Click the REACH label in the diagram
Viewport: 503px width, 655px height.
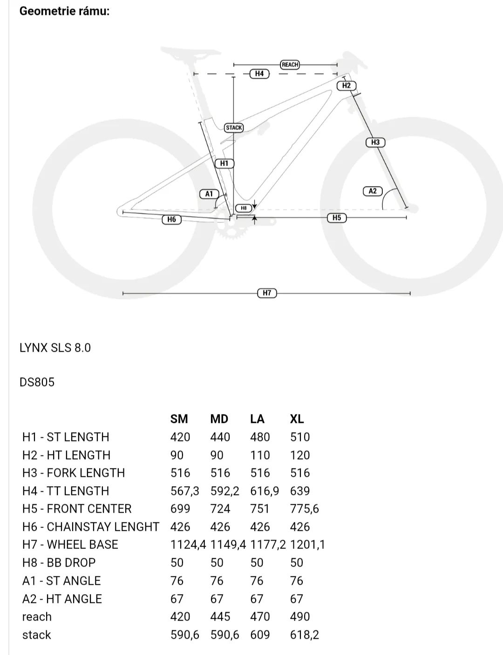click(x=290, y=65)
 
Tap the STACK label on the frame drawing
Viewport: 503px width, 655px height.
click(x=234, y=127)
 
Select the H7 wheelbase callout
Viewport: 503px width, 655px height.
click(x=267, y=293)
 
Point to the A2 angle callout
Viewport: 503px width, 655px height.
click(x=373, y=191)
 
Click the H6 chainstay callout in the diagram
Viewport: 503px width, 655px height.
click(x=171, y=220)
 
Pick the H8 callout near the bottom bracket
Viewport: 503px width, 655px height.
click(x=244, y=208)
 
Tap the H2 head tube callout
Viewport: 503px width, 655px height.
click(x=347, y=86)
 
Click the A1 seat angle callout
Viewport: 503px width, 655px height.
click(x=209, y=194)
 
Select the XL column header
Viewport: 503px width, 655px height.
click(x=297, y=419)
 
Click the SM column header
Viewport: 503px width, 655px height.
click(x=179, y=419)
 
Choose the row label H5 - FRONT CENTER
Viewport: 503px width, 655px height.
click(x=77, y=509)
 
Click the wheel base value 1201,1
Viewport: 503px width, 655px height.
click(x=307, y=545)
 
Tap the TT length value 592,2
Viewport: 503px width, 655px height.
click(x=225, y=491)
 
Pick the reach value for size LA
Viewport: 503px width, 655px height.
click(x=260, y=617)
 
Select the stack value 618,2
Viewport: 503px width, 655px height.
click(x=305, y=635)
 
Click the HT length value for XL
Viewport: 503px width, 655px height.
click(x=300, y=455)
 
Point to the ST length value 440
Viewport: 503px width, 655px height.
click(x=220, y=437)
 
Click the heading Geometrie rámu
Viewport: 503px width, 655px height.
click(x=65, y=11)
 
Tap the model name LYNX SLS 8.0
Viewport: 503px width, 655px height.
click(x=55, y=348)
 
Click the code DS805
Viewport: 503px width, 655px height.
click(x=37, y=382)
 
